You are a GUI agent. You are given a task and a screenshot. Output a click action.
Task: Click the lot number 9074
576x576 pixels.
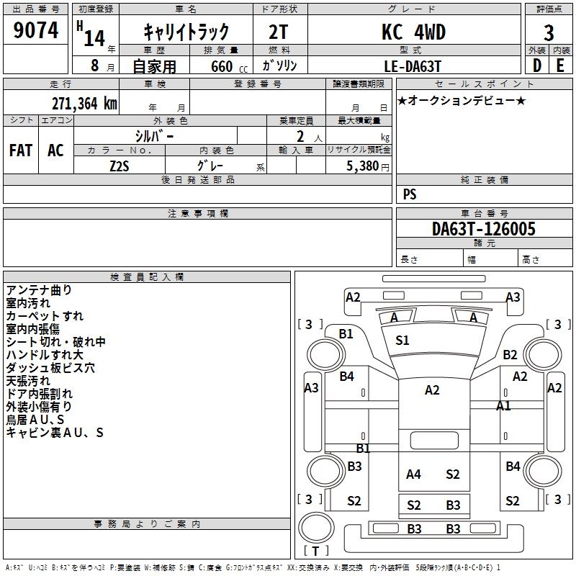coord(35,30)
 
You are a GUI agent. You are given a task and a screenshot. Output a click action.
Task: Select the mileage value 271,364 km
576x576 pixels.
coord(84,104)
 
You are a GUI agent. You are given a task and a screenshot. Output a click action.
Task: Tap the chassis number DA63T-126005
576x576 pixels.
coord(483,229)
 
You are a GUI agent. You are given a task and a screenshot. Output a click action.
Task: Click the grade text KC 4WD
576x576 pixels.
coord(413,32)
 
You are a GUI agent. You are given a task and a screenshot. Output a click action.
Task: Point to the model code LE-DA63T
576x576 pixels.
coord(413,66)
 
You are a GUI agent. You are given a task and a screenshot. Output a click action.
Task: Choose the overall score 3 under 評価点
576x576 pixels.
coord(549,33)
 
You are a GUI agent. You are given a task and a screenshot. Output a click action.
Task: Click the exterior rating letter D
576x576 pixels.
coord(537,66)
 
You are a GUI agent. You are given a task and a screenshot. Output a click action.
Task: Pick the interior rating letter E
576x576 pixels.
coord(560,66)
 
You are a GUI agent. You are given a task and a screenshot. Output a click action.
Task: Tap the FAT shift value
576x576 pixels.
coord(21,150)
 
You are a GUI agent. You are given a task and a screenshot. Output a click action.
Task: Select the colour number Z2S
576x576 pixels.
coord(120,166)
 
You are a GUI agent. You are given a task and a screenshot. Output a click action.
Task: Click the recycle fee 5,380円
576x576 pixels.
coord(367,166)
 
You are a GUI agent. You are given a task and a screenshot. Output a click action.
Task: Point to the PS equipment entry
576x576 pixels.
coord(410,194)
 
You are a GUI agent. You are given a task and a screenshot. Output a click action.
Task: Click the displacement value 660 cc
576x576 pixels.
coord(229,66)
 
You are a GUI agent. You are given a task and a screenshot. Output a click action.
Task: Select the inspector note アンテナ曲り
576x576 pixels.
coord(39,290)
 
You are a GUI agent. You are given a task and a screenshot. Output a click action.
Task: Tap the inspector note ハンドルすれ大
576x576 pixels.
coord(45,354)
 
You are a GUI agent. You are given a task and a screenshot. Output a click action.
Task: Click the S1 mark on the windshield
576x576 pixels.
coord(402,341)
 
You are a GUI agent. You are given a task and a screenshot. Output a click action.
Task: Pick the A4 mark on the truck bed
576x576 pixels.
coord(413,474)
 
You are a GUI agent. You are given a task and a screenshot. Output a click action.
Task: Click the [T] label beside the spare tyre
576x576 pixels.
coord(315,551)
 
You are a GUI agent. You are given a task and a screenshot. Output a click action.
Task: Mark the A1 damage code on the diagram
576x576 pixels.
coord(503,405)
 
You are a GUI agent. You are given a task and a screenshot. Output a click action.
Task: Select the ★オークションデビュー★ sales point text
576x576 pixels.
coord(462,100)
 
